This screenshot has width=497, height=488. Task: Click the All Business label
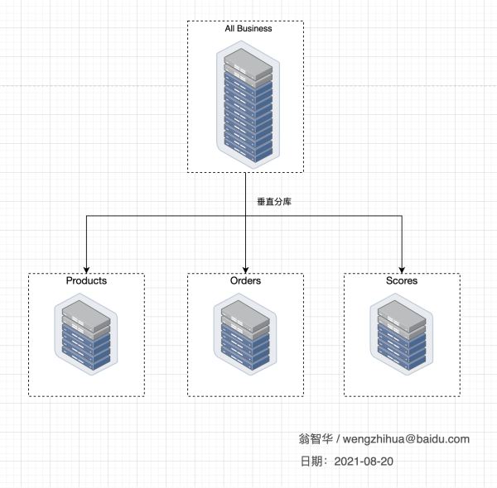(x=248, y=29)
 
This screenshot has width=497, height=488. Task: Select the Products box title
(x=86, y=281)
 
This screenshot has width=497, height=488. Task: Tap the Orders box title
(x=245, y=281)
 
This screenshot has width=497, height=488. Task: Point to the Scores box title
(x=402, y=281)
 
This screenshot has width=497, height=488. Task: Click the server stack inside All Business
(x=245, y=103)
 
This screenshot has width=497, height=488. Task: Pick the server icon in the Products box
(x=86, y=335)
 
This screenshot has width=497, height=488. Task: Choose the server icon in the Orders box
(x=245, y=335)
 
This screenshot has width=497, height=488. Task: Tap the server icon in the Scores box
(x=402, y=335)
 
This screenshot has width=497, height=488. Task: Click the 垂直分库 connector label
(x=274, y=202)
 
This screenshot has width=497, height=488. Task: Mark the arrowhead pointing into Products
(x=87, y=268)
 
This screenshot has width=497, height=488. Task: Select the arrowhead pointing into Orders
(x=245, y=268)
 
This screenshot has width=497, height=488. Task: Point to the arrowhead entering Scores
(x=402, y=268)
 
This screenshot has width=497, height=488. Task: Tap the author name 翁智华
(x=316, y=439)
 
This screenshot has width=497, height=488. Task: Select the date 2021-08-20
(x=364, y=461)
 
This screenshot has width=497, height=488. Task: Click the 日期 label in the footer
(x=313, y=461)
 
